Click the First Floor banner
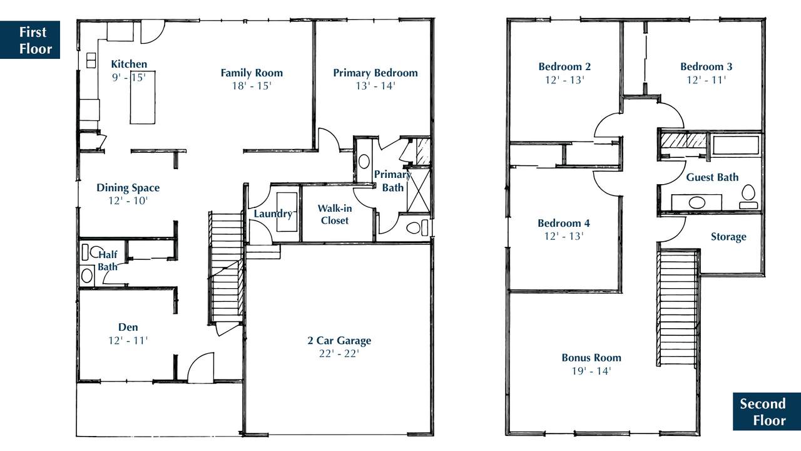30,39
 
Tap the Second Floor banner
767,412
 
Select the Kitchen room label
129,64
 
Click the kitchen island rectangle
143,97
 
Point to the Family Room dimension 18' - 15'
252,86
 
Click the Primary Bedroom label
375,73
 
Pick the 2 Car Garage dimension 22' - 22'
339,354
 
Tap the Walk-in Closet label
335,214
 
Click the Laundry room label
273,214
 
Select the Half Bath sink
86,276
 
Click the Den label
128,327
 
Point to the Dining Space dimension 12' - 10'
128,201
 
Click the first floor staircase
227,269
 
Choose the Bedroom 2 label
564,66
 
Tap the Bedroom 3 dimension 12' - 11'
707,80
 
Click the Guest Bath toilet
748,197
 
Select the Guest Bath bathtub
736,145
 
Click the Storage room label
728,237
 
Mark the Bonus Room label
591,358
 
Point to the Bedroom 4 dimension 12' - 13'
564,236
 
